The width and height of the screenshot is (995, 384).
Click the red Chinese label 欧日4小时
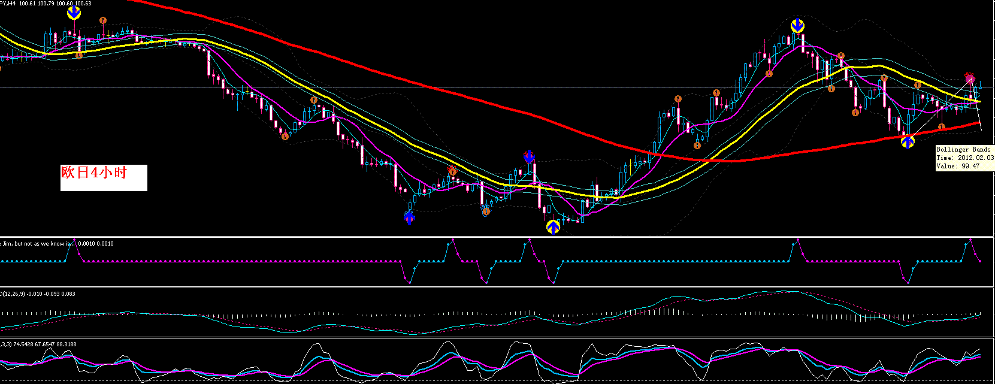pyautogui.click(x=94, y=173)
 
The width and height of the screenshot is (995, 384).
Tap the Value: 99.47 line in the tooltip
pyautogui.click(x=958, y=166)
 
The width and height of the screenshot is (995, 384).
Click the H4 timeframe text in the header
pyautogui.click(x=11, y=4)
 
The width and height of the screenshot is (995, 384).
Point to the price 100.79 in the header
pyautogui.click(x=47, y=4)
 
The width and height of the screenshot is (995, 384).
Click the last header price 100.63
pyautogui.click(x=83, y=4)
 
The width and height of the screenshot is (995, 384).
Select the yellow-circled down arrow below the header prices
pyautogui.click(x=74, y=13)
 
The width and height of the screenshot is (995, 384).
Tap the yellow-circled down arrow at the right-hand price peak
pyautogui.click(x=797, y=26)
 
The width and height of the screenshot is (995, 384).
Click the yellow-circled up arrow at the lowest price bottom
pyautogui.click(x=553, y=226)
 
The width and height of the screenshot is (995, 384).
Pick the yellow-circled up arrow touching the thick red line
pyautogui.click(x=908, y=141)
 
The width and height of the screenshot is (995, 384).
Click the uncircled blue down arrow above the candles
pyautogui.click(x=528, y=156)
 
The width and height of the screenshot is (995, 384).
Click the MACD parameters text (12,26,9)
pyautogui.click(x=15, y=294)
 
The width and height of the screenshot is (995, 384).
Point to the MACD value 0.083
pyautogui.click(x=68, y=294)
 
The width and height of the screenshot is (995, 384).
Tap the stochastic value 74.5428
pyautogui.click(x=23, y=344)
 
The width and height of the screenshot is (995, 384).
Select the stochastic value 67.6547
pyautogui.click(x=44, y=344)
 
